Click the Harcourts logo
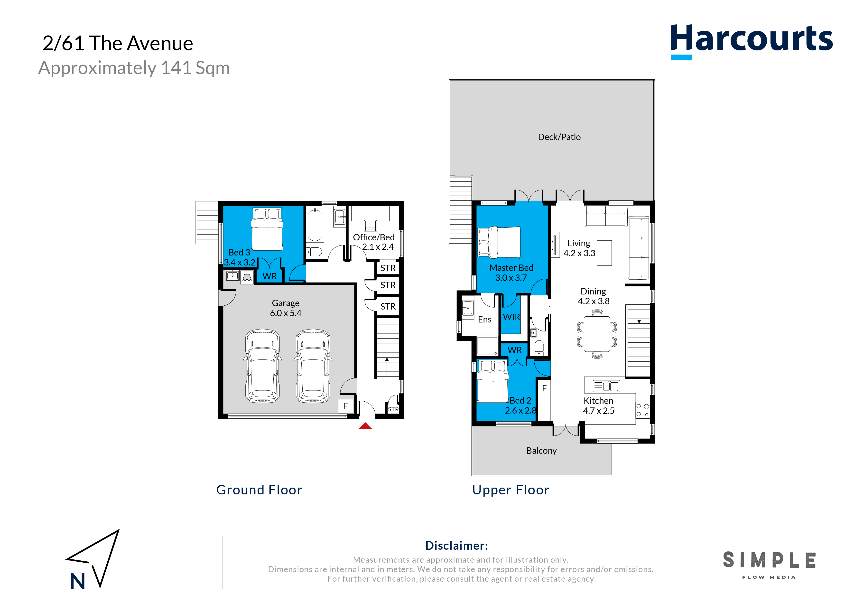tap(751, 41)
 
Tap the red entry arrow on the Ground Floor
tap(365, 426)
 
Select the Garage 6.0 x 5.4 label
tap(286, 308)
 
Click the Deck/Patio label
tap(559, 137)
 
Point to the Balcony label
tap(541, 451)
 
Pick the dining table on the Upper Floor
tap(597, 334)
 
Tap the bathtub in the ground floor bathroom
tap(315, 225)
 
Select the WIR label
tap(511, 317)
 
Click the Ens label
tap(485, 319)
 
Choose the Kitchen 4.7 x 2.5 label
tap(598, 406)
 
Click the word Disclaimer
tap(456, 546)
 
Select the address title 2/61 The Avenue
tap(118, 43)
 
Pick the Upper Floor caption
tap(511, 490)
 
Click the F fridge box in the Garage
tap(345, 406)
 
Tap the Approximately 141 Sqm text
tap(134, 68)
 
